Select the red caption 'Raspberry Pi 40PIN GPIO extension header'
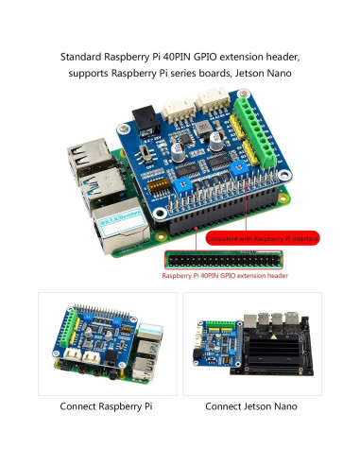225,276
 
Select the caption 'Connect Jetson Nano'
251,406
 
